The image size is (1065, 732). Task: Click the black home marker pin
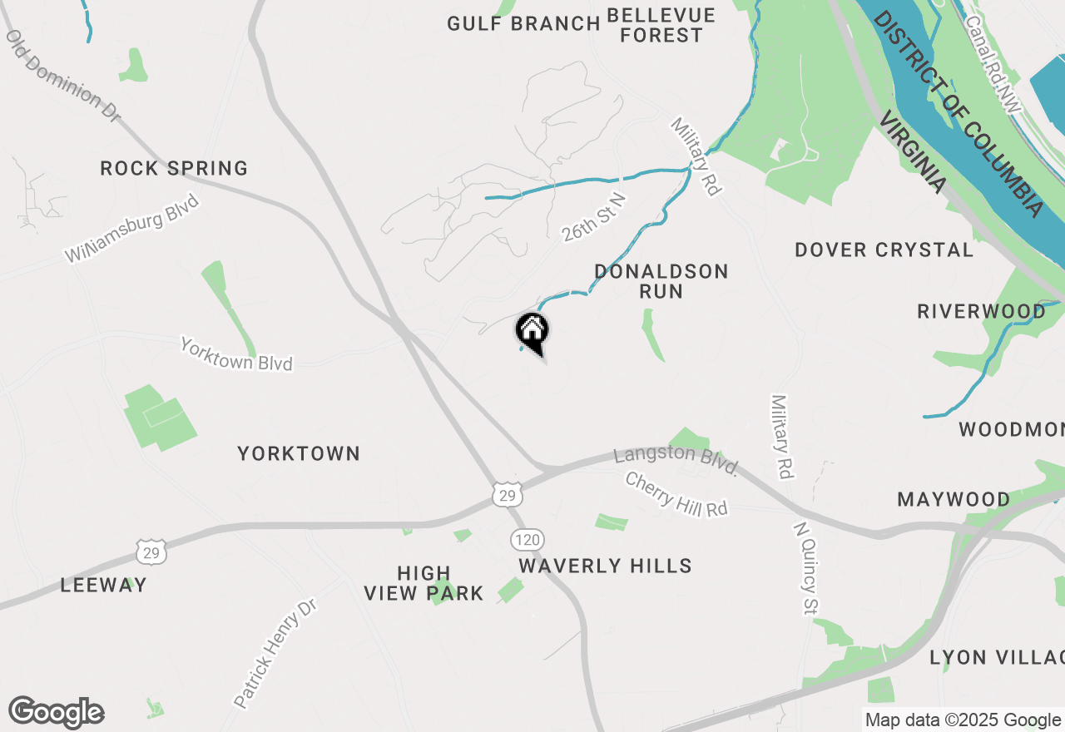532,333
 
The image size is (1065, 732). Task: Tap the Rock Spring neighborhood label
174,169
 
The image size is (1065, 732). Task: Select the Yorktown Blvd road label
236,354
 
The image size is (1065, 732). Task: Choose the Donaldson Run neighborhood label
661,281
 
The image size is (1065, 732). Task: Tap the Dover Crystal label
884,250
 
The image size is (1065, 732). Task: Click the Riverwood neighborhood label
981,312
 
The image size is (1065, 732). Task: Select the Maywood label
954,500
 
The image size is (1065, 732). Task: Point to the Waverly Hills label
605,566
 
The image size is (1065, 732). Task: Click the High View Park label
424,583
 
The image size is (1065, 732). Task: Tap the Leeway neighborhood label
103,586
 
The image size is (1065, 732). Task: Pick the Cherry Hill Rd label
676,495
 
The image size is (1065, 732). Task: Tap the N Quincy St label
803,569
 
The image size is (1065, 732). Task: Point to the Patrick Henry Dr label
275,654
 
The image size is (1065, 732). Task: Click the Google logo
57,713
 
